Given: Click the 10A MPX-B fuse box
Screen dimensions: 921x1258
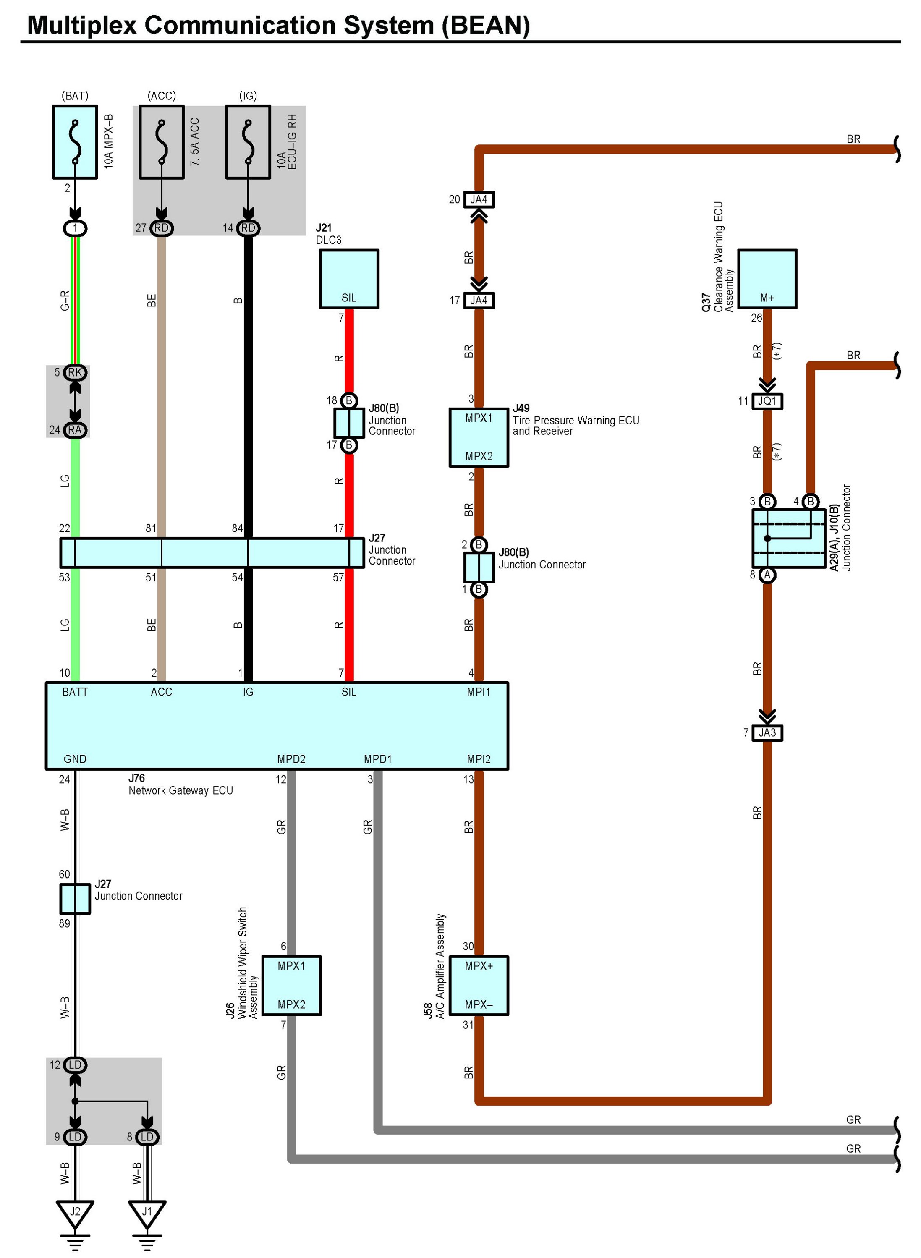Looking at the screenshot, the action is [75, 142].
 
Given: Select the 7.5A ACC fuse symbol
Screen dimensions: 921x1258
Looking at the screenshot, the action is [162, 142].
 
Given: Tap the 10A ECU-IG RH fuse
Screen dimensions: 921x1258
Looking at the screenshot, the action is [248, 142].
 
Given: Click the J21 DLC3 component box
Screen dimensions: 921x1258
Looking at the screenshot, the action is [349, 279].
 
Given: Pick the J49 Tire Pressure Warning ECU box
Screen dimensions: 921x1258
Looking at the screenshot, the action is [479, 437].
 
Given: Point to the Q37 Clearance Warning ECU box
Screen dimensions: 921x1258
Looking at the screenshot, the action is [767, 279].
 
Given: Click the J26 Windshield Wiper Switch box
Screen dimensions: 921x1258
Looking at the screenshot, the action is [292, 986].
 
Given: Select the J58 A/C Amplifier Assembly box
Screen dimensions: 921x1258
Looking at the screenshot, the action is [479, 986].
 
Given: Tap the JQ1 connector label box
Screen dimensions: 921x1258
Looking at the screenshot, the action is [767, 401].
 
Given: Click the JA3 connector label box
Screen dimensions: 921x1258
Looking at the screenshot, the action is [767, 733].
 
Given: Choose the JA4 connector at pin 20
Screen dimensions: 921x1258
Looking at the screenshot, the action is [479, 199].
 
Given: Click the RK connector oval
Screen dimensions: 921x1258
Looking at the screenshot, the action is [75, 372].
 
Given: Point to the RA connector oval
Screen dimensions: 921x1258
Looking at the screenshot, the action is [75, 430].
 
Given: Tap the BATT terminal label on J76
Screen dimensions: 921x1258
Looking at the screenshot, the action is [75, 692].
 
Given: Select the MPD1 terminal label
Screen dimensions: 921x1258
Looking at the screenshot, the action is [378, 759].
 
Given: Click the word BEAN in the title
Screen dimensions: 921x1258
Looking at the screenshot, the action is [486, 26].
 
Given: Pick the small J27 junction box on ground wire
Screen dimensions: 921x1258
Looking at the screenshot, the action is [75, 899].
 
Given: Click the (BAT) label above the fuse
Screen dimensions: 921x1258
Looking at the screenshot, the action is [75, 96].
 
